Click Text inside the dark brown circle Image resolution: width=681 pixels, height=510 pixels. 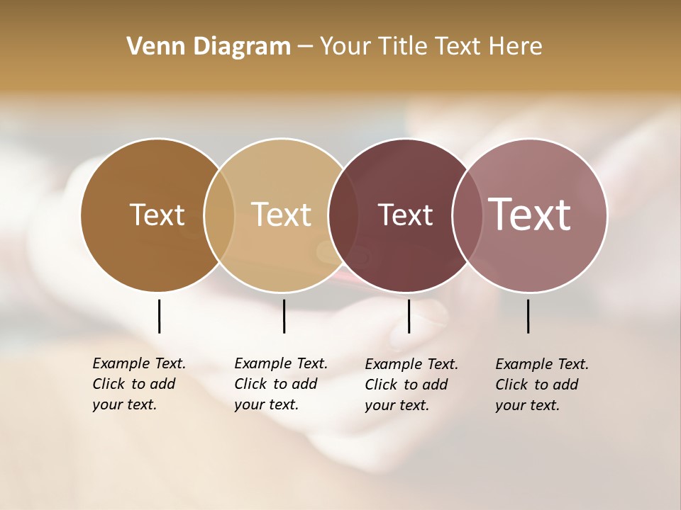click(157, 215)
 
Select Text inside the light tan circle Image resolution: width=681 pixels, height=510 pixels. click(282, 215)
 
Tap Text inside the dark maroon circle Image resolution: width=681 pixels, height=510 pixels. click(405, 215)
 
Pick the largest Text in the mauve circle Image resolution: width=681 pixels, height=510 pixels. click(529, 215)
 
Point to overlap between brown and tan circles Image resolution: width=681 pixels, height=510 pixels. click(219, 215)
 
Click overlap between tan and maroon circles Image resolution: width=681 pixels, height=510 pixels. click(343, 215)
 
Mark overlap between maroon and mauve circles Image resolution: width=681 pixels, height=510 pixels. click(465, 215)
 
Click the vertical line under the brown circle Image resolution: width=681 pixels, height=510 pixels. click(159, 316)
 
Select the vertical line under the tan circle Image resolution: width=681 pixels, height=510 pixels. click(284, 316)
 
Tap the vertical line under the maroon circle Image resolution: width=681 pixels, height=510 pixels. click(409, 316)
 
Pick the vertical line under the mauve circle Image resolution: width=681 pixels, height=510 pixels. click(528, 316)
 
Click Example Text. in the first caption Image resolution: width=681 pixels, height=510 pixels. click(139, 363)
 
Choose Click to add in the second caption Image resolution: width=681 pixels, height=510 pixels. click(276, 384)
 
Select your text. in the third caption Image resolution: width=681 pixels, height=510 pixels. click(397, 405)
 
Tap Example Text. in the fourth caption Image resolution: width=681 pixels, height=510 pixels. click(542, 364)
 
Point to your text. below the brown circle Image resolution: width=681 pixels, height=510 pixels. click(125, 404)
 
